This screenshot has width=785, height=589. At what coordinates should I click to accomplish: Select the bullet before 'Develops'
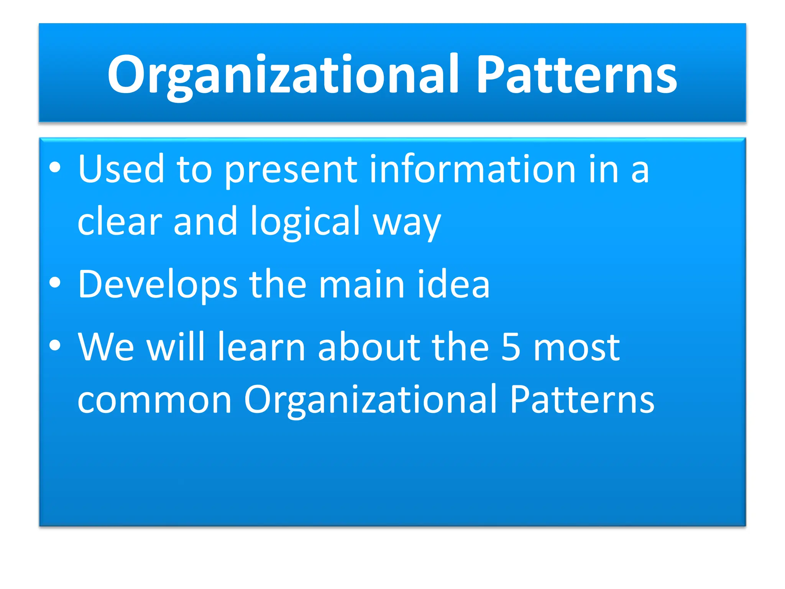click(x=55, y=283)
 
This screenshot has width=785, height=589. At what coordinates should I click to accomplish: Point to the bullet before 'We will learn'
click(x=55, y=345)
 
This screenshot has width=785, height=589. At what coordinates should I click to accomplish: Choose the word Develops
click(x=158, y=285)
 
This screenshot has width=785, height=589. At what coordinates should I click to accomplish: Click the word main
click(x=362, y=285)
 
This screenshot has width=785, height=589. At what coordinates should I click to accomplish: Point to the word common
click(x=154, y=400)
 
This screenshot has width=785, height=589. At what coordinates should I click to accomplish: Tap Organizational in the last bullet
click(x=370, y=400)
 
